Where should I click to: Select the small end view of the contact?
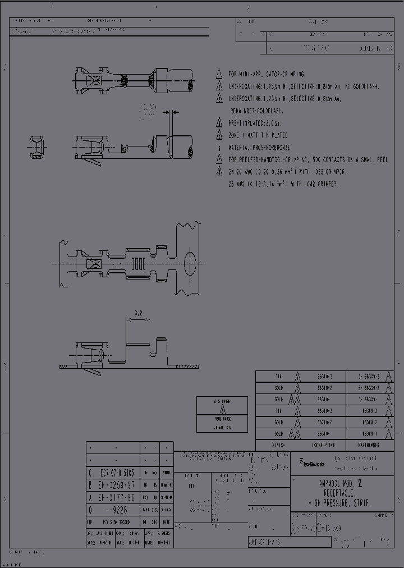(38, 146)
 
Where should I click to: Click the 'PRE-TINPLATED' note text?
(258, 123)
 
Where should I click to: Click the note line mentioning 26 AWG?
(283, 184)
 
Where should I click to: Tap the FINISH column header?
(278, 445)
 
